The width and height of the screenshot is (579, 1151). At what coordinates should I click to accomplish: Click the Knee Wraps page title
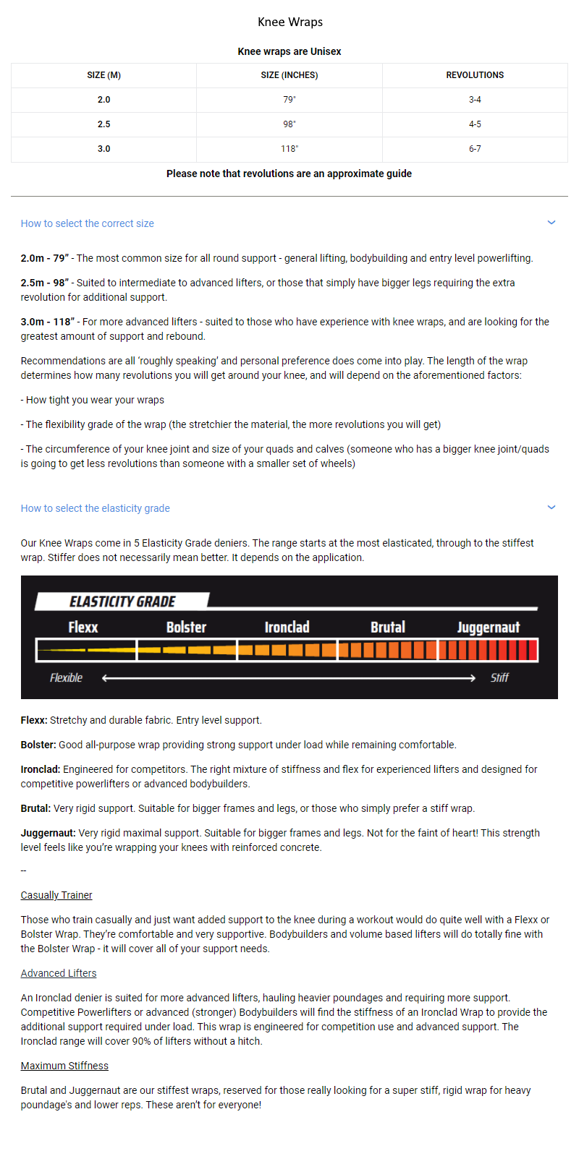[290, 22]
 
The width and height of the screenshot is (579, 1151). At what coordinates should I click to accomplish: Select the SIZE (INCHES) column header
[289, 75]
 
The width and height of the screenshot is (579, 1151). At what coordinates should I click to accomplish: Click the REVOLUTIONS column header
[475, 75]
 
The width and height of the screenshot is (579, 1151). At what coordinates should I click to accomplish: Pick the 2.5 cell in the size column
[104, 124]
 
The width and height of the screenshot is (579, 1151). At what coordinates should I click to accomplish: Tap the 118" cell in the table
[289, 149]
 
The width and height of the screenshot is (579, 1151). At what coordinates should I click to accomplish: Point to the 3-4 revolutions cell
[475, 100]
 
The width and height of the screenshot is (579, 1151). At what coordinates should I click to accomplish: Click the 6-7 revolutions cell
[475, 149]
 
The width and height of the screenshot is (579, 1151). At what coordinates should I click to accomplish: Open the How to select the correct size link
[88, 223]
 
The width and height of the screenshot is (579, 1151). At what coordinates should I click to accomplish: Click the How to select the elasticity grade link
[96, 508]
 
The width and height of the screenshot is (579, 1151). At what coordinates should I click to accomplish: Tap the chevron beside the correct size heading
[551, 223]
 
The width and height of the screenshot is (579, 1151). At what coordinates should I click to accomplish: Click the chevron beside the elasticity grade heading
[551, 508]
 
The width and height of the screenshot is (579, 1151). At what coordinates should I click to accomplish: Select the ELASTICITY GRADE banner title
[122, 602]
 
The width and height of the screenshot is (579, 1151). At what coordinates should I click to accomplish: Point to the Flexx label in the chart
[83, 628]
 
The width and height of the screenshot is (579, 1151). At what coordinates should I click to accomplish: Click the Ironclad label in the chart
[287, 628]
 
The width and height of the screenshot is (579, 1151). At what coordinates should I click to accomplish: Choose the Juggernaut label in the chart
[489, 628]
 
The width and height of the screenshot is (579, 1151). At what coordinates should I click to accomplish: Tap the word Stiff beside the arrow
[499, 677]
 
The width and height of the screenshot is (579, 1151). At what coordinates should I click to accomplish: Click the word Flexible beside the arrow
[66, 677]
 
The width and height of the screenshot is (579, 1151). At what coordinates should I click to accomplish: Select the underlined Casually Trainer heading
[56, 895]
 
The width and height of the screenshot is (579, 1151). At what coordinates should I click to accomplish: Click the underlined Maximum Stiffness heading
[64, 1066]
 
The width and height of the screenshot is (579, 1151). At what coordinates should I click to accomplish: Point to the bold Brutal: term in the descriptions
[35, 808]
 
